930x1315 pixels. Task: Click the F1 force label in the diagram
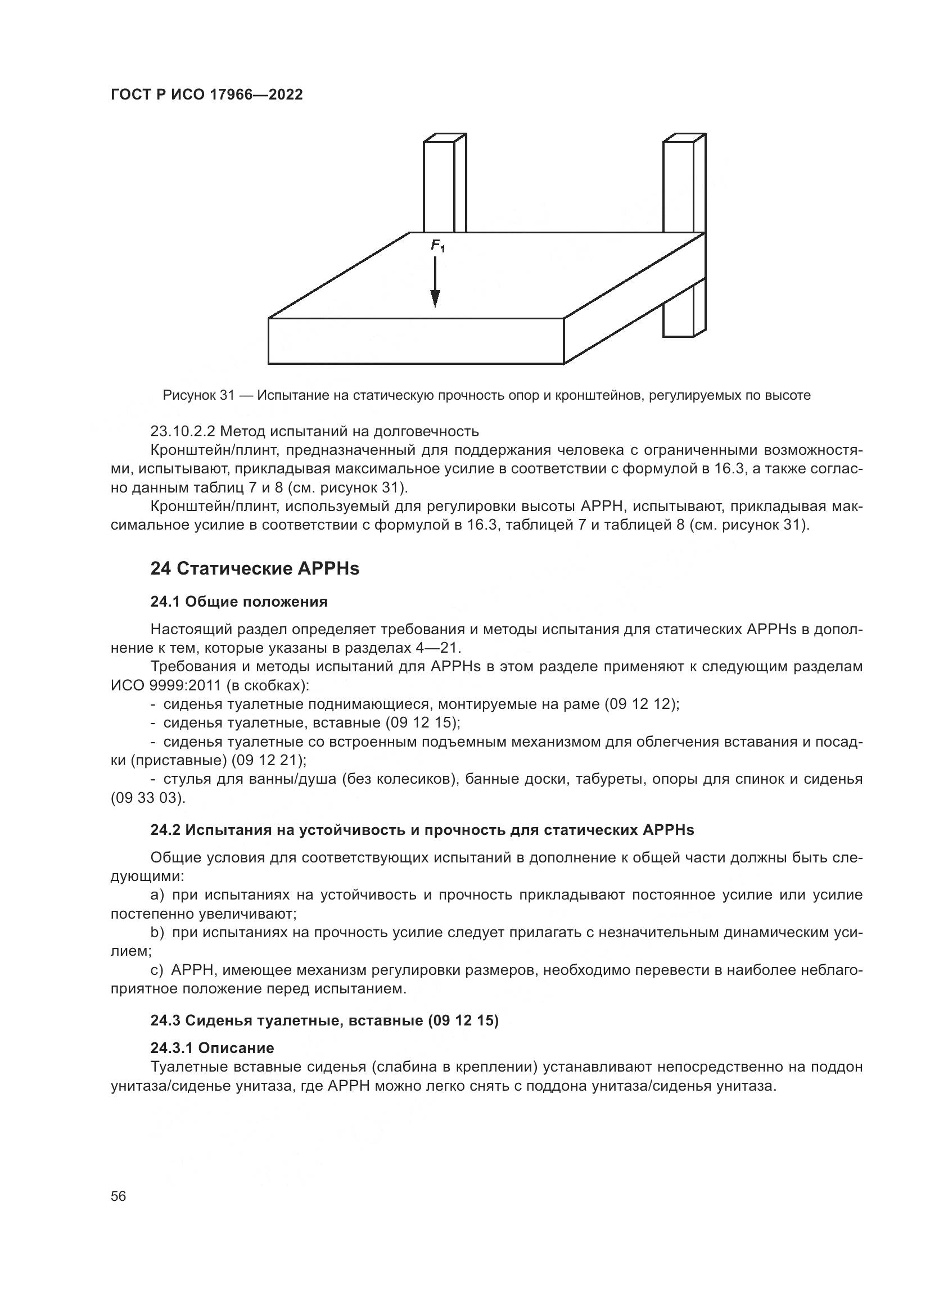[x=437, y=246]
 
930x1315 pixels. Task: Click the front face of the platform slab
[x=416, y=341]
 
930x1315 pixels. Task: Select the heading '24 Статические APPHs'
[x=255, y=569]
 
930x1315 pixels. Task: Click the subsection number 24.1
[x=165, y=602]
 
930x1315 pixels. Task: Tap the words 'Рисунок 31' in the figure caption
[x=198, y=395]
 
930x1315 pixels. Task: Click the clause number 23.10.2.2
[x=182, y=431]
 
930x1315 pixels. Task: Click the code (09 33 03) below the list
[x=148, y=798]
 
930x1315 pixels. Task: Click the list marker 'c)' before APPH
[x=157, y=970]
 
